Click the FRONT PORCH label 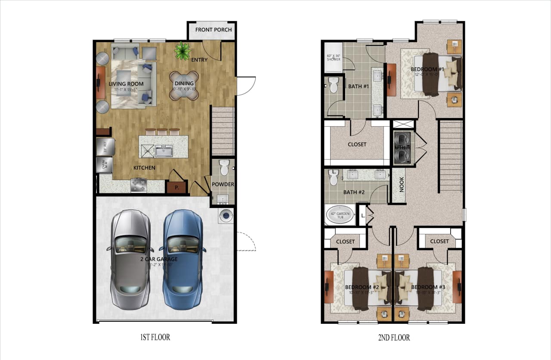pyautogui.click(x=214, y=30)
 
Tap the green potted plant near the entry pyautogui.click(x=183, y=51)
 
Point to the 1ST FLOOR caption pyautogui.click(x=155, y=337)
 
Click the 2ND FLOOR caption pyautogui.click(x=393, y=338)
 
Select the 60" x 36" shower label pyautogui.click(x=333, y=58)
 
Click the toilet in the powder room pyautogui.click(x=224, y=167)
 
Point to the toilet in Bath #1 pyautogui.click(x=333, y=85)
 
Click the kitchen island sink pyautogui.click(x=164, y=151)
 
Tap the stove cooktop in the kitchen pyautogui.click(x=139, y=186)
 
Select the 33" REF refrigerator pyautogui.click(x=105, y=147)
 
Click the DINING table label pyautogui.click(x=184, y=84)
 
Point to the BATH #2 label pyautogui.click(x=353, y=192)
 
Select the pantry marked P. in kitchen pyautogui.click(x=176, y=188)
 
